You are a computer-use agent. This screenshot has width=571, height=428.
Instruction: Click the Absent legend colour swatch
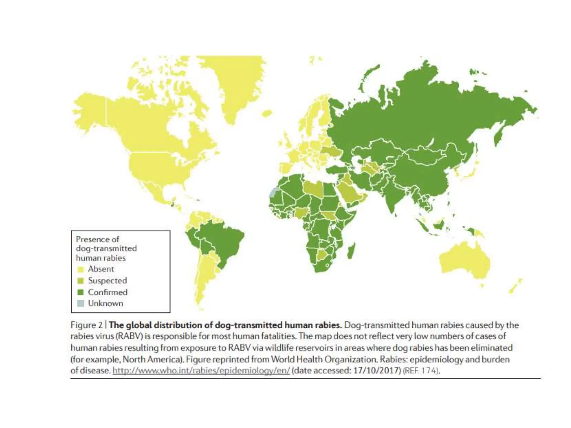tap(80, 269)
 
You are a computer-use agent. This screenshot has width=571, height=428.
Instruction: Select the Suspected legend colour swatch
tap(80, 281)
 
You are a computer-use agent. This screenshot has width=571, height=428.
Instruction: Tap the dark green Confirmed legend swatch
tap(80, 292)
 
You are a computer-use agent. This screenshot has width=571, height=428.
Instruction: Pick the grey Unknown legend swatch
tap(80, 303)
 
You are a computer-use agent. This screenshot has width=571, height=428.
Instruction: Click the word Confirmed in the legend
tap(108, 292)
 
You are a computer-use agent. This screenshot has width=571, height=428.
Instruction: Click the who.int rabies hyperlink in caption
tap(201, 371)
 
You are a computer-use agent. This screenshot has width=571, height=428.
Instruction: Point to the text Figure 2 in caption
tap(86, 325)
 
